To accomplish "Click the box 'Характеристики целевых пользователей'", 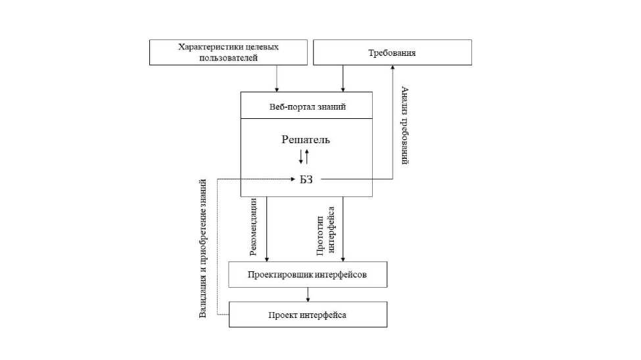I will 228,53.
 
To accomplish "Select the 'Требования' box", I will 392,53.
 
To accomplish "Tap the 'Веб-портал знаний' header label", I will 307,106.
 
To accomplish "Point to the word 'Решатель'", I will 306,139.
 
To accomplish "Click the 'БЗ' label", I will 306,179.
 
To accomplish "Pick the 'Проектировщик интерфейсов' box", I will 307,275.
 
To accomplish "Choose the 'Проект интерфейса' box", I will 307,315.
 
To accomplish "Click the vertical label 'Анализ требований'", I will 404,125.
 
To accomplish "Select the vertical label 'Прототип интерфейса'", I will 326,230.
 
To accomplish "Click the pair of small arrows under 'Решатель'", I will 304,156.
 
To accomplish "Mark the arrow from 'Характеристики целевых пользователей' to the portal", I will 277,79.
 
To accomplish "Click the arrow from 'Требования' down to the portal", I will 343,79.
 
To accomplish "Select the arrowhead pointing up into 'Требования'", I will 392,69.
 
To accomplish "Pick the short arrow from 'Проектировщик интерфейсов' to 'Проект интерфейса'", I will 307,294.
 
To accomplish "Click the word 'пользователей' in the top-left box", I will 227,58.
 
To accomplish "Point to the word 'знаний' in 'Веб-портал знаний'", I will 331,106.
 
